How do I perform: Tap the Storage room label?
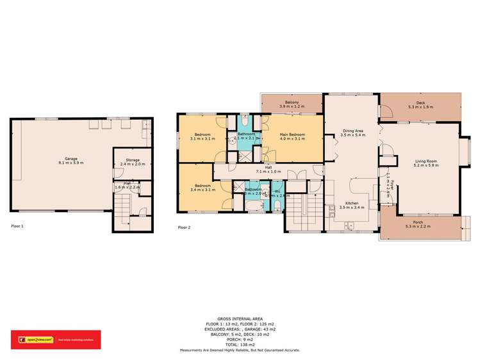pyautogui.click(x=131, y=161)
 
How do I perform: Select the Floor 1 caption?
pyautogui.click(x=19, y=226)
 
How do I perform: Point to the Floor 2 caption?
pyautogui.click(x=184, y=227)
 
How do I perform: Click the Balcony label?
pyautogui.click(x=292, y=104)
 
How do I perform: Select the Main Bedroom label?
pyautogui.click(x=292, y=136)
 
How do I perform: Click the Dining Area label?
pyautogui.click(x=352, y=133)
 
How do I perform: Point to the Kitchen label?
pyautogui.click(x=352, y=205)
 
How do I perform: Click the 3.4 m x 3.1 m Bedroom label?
pyautogui.click(x=204, y=188)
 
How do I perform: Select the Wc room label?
pyautogui.click(x=277, y=192)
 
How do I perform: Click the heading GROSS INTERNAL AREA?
pyautogui.click(x=240, y=318)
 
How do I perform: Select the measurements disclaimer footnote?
pyautogui.click(x=240, y=350)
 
